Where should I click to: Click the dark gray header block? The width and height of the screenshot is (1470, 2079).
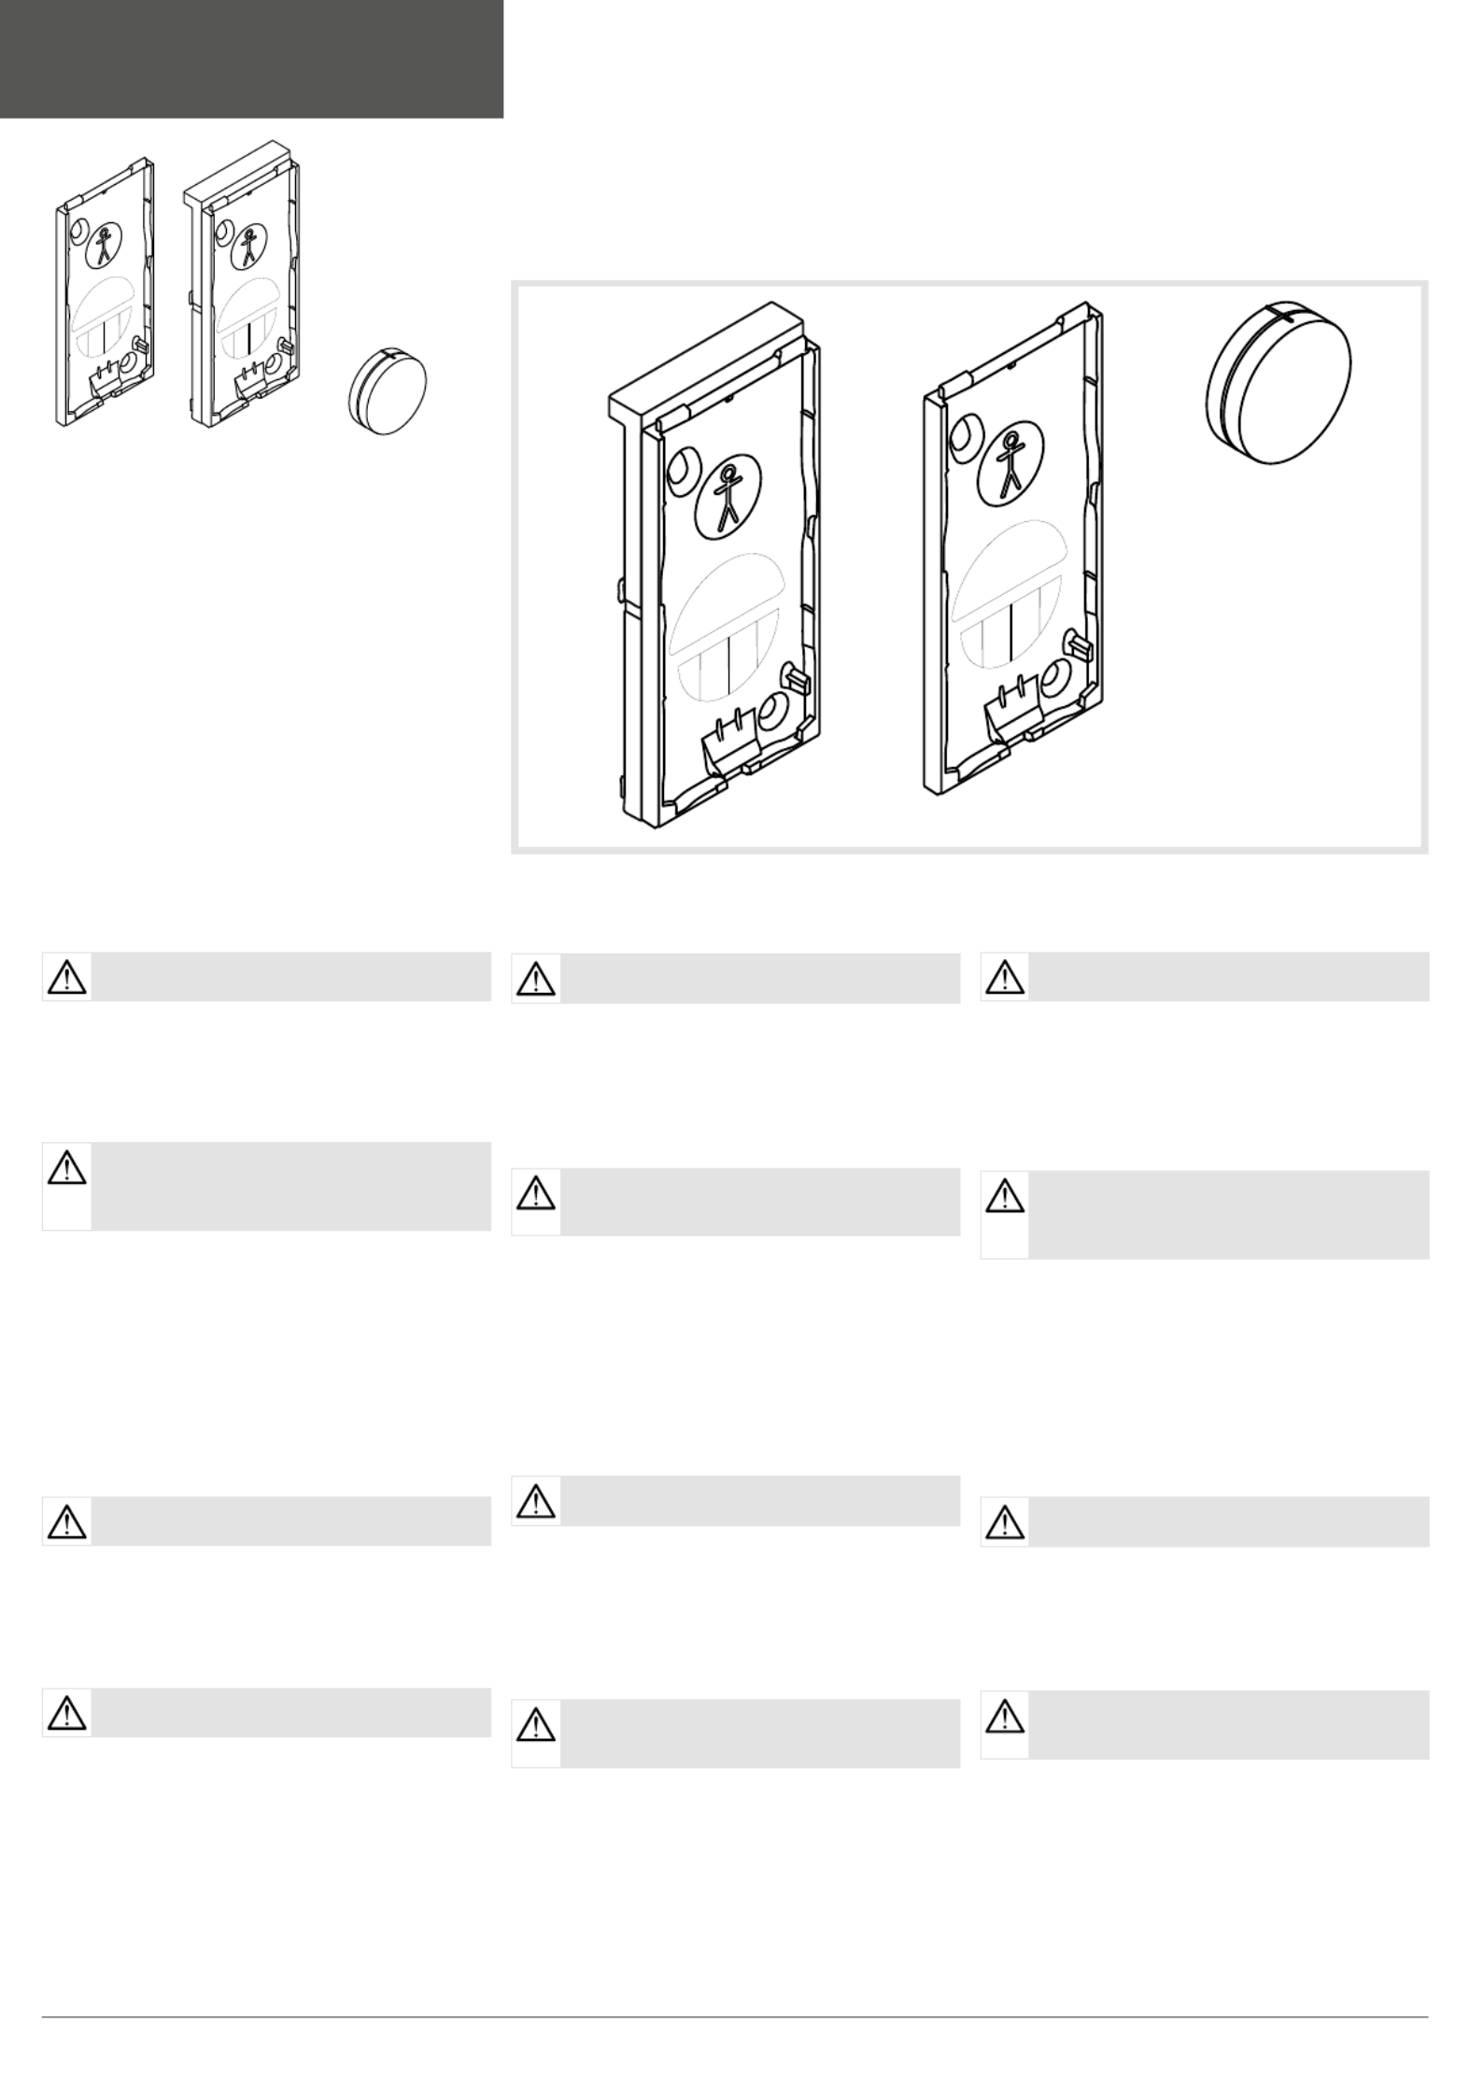(251, 58)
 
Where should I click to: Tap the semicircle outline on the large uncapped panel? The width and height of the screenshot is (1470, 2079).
(1011, 570)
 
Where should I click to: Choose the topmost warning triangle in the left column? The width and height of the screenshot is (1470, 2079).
(66, 977)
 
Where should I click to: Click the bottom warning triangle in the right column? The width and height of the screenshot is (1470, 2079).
(1005, 1716)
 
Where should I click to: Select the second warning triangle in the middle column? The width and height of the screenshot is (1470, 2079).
(536, 1194)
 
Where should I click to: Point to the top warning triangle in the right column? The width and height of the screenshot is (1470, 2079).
(1005, 977)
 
